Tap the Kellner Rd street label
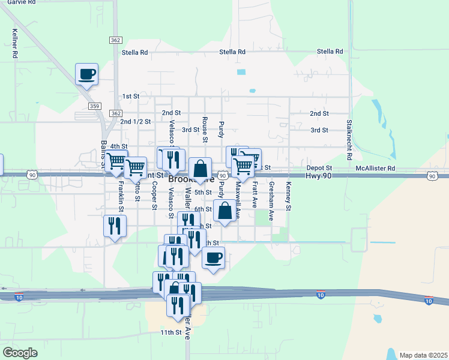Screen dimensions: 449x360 pos(14,44)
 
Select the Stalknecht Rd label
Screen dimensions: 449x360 pos(349,139)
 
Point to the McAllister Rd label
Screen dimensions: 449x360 pos(376,169)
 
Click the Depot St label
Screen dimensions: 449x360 pos(319,169)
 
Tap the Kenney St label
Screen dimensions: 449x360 pos(288,196)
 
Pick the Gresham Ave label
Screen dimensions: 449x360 pos(271,201)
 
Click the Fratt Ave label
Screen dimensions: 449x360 pos(255,195)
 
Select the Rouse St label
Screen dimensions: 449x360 pos(205,129)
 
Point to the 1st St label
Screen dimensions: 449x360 pos(130,96)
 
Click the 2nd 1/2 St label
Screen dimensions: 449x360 pos(135,121)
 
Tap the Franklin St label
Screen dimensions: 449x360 pos(121,193)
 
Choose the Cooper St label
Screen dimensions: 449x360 pos(154,196)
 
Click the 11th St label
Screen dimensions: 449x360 pos(170,332)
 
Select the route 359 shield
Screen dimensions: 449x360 pos(94,106)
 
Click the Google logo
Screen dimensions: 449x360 pos(20,353)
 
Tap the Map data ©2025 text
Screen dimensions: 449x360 pos(423,355)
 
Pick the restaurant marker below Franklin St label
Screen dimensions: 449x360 pos(114,227)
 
